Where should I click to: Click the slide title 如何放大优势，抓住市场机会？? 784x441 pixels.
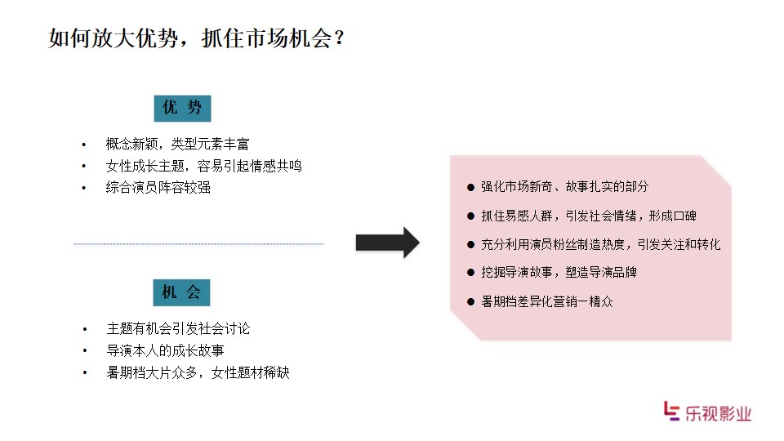coord(197,38)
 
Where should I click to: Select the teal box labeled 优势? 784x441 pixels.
coord(182,108)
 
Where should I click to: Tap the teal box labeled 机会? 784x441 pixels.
coord(181,292)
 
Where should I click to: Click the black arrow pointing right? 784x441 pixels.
coord(387,243)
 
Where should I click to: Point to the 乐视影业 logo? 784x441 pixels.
coord(707,412)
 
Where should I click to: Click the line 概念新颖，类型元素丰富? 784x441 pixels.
coord(177,145)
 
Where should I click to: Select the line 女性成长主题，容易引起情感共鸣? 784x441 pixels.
coord(204,166)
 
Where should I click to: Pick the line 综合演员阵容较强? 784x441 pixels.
coord(158,188)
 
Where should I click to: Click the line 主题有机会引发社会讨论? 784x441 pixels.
coord(178,328)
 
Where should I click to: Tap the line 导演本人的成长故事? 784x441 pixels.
coord(165,350)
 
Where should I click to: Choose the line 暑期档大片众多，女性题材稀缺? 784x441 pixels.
coord(198,372)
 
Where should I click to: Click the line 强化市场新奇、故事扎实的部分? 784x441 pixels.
coord(564,187)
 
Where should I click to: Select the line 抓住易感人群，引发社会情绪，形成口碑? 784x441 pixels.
coord(589,216)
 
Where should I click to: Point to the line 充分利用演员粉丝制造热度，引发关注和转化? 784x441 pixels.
coord(600,244)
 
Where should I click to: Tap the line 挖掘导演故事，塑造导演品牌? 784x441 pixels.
coord(559,273)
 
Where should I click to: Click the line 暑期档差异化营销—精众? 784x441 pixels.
coord(547,301)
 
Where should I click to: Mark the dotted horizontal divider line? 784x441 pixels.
coord(198,244)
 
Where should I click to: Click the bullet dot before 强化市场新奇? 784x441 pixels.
coord(470,188)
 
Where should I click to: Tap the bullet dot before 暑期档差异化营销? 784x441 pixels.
coord(470,302)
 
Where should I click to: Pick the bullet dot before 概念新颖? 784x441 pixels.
coord(83,145)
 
